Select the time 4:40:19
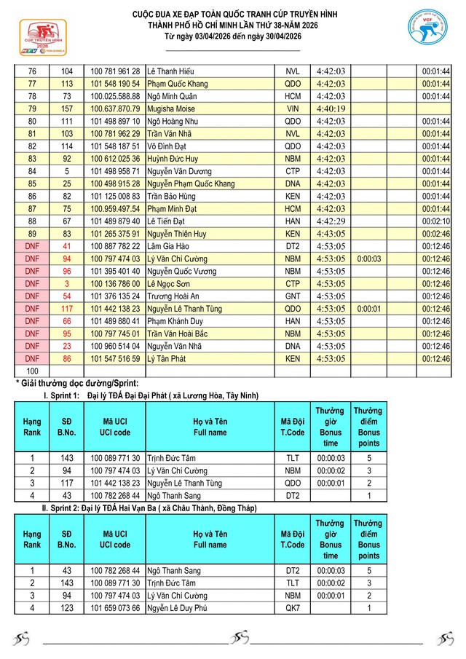331,108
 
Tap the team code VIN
292,108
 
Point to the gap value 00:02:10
436,221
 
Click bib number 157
67,108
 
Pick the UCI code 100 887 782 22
115,246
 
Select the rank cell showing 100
32,371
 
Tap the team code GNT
292,296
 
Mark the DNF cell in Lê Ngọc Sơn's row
32,283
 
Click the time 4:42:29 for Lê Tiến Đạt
331,221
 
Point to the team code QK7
293,608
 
